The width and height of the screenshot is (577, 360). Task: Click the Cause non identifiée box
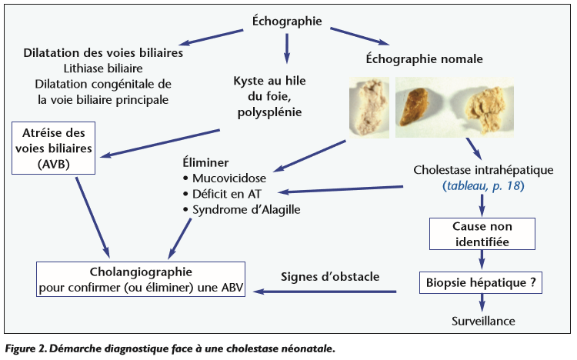coord(481,235)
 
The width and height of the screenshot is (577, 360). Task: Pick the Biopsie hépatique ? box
coord(481,282)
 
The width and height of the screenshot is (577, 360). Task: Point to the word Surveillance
coord(483,321)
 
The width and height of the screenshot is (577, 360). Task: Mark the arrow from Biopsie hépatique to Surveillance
coord(481,302)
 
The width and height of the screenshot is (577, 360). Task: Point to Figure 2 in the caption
coord(25,348)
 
